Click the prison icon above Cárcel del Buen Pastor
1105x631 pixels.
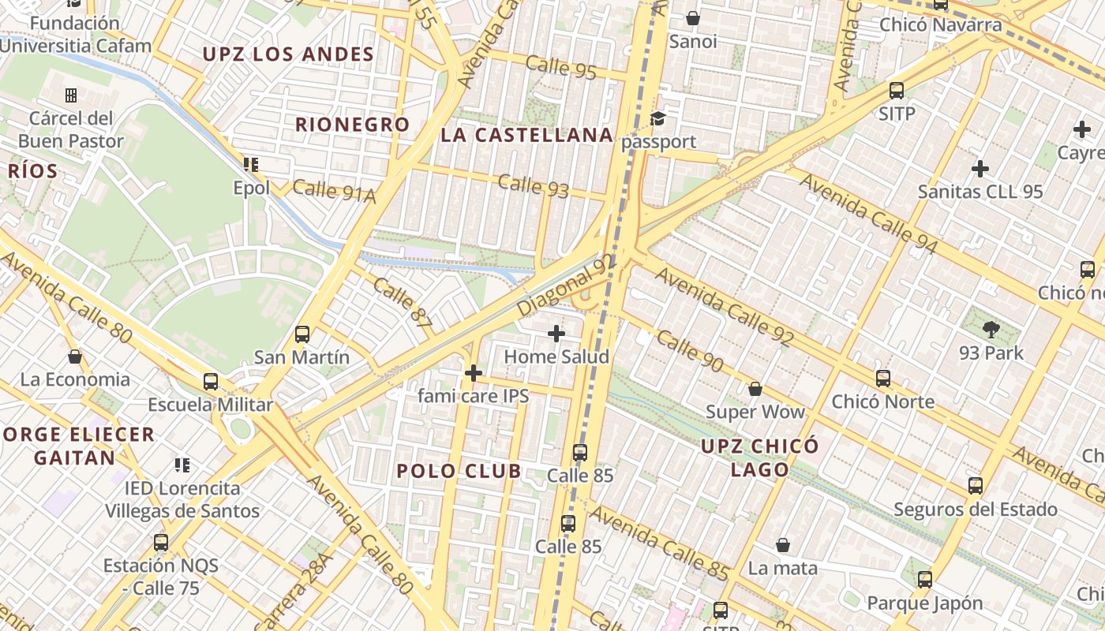(x=71, y=95)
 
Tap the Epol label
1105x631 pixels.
(x=251, y=188)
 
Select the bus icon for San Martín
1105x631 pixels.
(x=302, y=334)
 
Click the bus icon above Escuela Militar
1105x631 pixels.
(x=211, y=382)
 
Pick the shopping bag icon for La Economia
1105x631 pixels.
(x=75, y=357)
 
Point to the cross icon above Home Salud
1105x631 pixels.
(x=556, y=334)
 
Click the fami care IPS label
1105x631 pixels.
(x=473, y=396)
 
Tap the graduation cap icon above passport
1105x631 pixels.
(x=657, y=119)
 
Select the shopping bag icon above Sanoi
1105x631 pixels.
(x=693, y=18)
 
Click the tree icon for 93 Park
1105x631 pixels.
(x=991, y=329)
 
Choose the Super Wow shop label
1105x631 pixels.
(x=755, y=412)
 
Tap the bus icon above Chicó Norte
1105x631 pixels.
(x=883, y=379)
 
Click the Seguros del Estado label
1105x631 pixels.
(x=975, y=509)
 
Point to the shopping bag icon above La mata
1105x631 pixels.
(x=783, y=545)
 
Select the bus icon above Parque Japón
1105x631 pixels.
(x=925, y=580)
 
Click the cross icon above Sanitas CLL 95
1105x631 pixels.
(x=980, y=168)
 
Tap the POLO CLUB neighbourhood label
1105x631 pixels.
(x=459, y=472)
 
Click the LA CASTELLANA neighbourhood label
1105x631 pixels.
(x=526, y=135)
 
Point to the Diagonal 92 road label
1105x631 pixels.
(x=567, y=286)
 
